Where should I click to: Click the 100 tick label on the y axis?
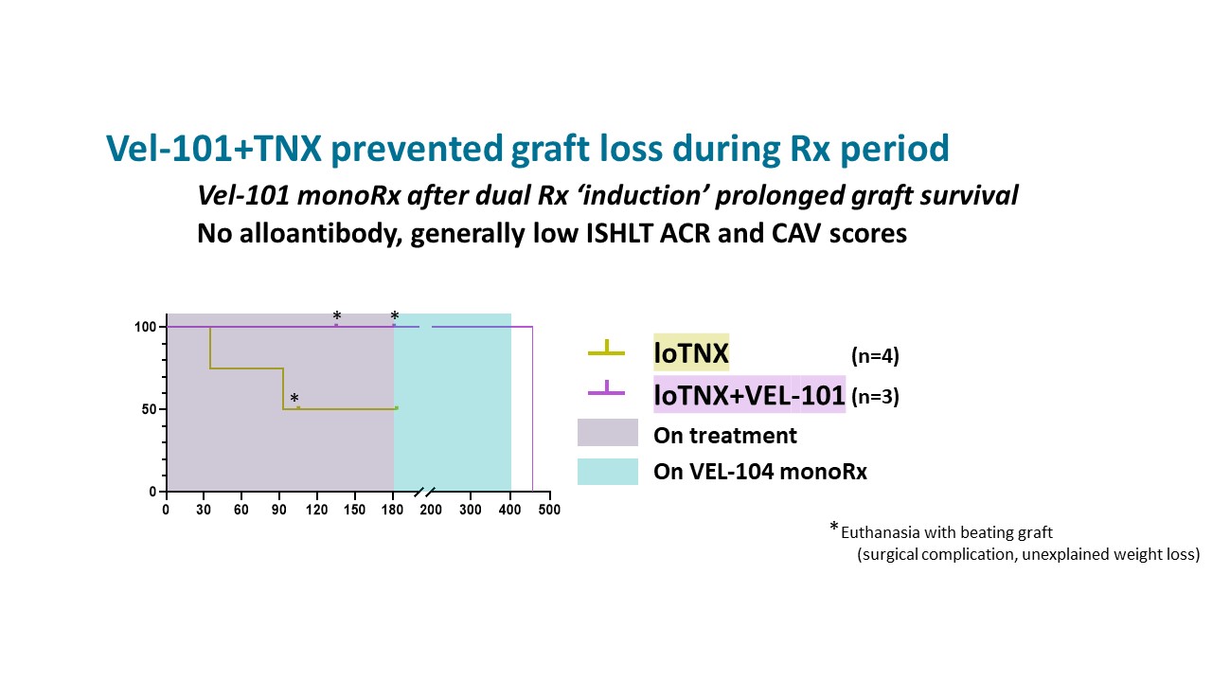tap(145, 327)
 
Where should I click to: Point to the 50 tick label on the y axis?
tap(149, 409)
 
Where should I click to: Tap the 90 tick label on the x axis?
tap(279, 510)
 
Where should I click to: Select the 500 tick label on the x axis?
tap(549, 510)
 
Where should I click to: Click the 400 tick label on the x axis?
tap(510, 510)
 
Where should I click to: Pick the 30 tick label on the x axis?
tap(204, 510)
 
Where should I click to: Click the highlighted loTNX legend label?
tap(691, 354)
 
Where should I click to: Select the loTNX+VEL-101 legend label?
tap(749, 395)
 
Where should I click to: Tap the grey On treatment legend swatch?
tap(608, 434)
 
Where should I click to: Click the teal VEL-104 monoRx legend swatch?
tap(608, 471)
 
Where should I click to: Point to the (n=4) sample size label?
tap(875, 357)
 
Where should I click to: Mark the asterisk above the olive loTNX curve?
tap(294, 399)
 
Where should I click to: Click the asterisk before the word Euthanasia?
tap(834, 529)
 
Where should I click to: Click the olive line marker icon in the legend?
tap(606, 349)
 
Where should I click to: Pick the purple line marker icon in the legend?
tap(606, 387)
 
